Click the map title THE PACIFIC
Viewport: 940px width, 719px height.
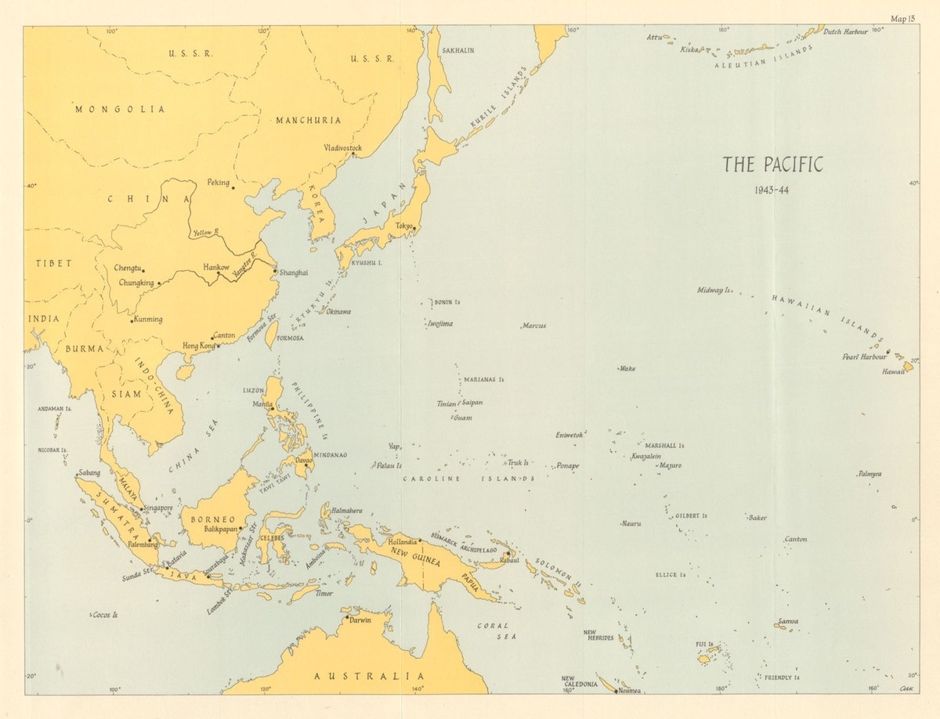click(x=772, y=165)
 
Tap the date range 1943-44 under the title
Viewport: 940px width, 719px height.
click(x=772, y=190)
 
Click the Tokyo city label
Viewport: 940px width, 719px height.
click(x=403, y=226)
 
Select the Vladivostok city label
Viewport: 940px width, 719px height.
click(x=342, y=147)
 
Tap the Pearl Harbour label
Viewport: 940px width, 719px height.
click(x=862, y=356)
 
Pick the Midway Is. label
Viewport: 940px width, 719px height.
click(x=714, y=290)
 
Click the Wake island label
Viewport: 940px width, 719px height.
click(x=627, y=368)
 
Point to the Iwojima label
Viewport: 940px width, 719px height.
click(x=439, y=323)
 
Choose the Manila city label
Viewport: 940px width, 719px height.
click(x=262, y=403)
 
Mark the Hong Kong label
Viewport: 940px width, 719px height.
click(x=198, y=345)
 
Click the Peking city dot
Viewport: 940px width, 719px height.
click(x=233, y=187)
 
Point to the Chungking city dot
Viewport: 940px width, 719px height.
click(x=159, y=284)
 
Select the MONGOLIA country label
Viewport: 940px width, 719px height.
click(x=120, y=110)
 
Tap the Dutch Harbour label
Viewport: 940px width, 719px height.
click(x=846, y=31)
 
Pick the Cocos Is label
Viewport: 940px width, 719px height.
click(x=104, y=615)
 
